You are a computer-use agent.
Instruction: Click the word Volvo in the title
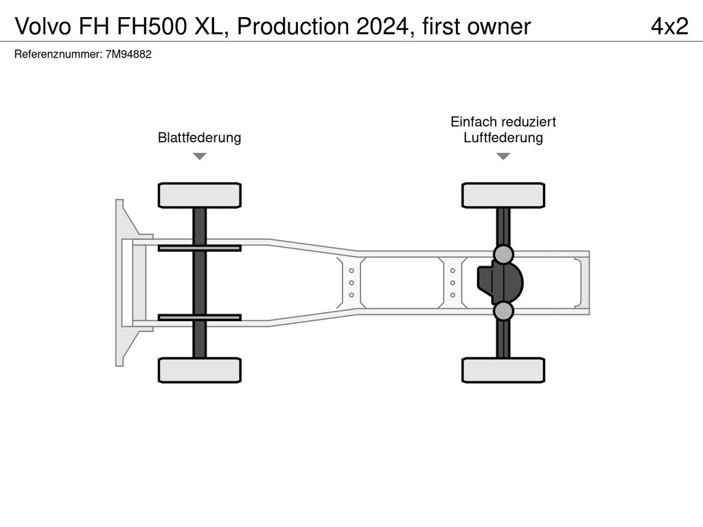[43, 27]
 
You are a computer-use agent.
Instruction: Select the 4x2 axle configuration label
[669, 27]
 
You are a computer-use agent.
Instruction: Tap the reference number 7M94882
[128, 54]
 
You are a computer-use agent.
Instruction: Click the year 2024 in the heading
[382, 27]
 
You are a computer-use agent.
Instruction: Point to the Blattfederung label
[200, 137]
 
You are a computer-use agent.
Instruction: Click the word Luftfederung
[503, 137]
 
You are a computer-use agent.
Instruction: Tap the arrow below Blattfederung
[200, 156]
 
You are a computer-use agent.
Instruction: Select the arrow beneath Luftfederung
[503, 156]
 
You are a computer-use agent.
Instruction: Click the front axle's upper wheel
[200, 196]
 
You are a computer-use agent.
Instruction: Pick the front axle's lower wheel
[200, 370]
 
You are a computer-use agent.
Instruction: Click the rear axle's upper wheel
[503, 196]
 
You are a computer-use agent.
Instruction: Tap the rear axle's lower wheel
[503, 370]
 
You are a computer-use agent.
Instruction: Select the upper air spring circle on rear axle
[503, 254]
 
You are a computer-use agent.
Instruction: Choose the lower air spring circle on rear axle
[503, 311]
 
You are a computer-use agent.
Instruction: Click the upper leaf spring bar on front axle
[200, 248]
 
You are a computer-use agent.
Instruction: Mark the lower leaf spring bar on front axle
[200, 318]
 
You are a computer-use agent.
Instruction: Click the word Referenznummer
[58, 54]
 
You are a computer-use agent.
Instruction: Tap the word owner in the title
[499, 27]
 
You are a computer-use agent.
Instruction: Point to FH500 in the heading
[152, 27]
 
